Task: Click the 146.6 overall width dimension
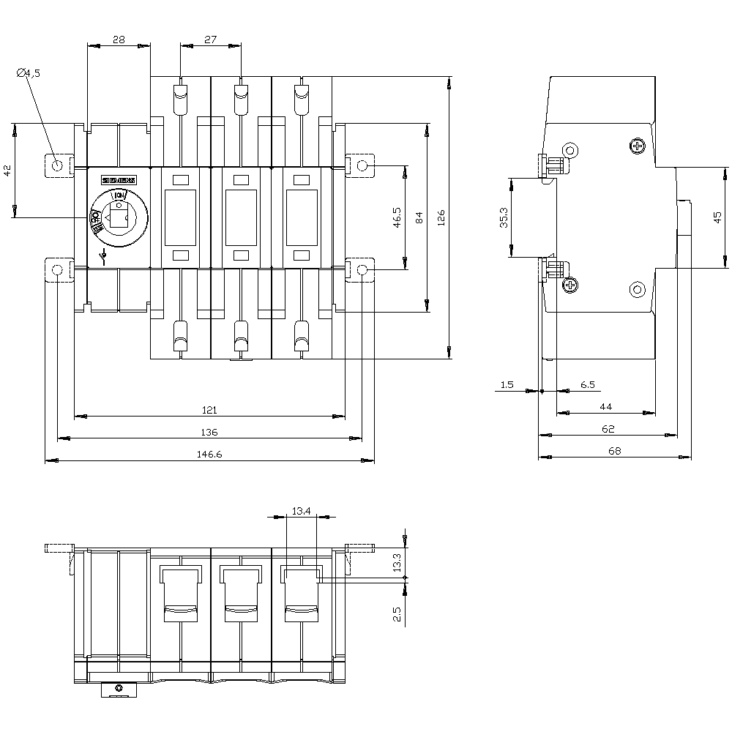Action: pyautogui.click(x=209, y=455)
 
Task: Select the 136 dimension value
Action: pyautogui.click(x=209, y=432)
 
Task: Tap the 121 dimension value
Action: pyautogui.click(x=210, y=411)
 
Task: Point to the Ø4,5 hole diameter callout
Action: pyautogui.click(x=29, y=72)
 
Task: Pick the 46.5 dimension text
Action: pyautogui.click(x=396, y=218)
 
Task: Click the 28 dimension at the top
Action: pyautogui.click(x=119, y=40)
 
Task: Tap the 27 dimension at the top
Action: pyautogui.click(x=211, y=40)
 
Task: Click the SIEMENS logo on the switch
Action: pyautogui.click(x=119, y=180)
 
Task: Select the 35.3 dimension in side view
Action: pyautogui.click(x=504, y=217)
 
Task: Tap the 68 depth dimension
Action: pyautogui.click(x=614, y=451)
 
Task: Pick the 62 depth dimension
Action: pyautogui.click(x=608, y=429)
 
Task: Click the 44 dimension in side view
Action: pyautogui.click(x=606, y=406)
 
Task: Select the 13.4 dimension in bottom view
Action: pyautogui.click(x=301, y=511)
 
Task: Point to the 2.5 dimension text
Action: pyautogui.click(x=397, y=613)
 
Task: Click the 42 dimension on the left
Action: pyautogui.click(x=8, y=171)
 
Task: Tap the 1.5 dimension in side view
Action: pyautogui.click(x=507, y=384)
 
